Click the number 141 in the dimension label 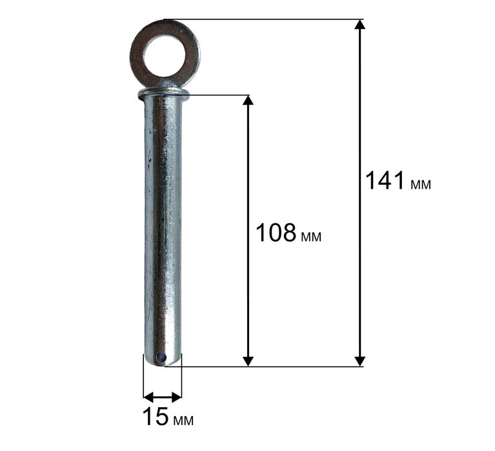point(385,180)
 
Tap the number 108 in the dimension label point(276,233)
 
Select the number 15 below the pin point(156,417)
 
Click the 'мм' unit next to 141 point(421,185)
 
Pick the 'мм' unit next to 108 point(311,237)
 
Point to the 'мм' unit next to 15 point(183,421)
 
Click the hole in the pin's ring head point(165,57)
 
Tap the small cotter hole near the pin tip point(161,358)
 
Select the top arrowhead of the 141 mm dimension point(359,24)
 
